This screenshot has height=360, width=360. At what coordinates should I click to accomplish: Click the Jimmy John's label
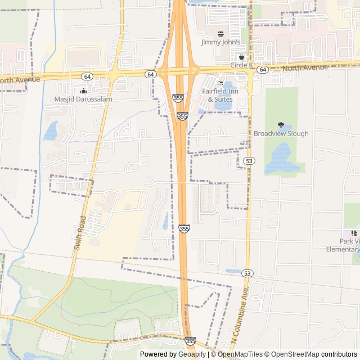[220, 42]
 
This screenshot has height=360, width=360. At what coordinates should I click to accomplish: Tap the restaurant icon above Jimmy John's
[220, 34]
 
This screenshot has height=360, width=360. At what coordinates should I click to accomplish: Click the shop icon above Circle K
[241, 57]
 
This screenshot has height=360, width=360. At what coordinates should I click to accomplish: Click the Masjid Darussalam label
[83, 100]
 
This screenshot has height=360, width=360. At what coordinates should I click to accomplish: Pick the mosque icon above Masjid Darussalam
[83, 91]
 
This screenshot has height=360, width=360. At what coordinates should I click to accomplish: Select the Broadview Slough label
[281, 134]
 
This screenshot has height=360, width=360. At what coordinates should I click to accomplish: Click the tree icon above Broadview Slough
[281, 125]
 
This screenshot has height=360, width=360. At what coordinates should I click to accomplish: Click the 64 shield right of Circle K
[263, 69]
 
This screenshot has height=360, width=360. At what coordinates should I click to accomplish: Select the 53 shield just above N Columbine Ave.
[247, 273]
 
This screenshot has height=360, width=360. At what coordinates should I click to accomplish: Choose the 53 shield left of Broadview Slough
[248, 161]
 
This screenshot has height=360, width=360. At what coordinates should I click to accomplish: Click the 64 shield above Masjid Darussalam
[86, 76]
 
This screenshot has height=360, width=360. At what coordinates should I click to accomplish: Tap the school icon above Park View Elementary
[354, 233]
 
